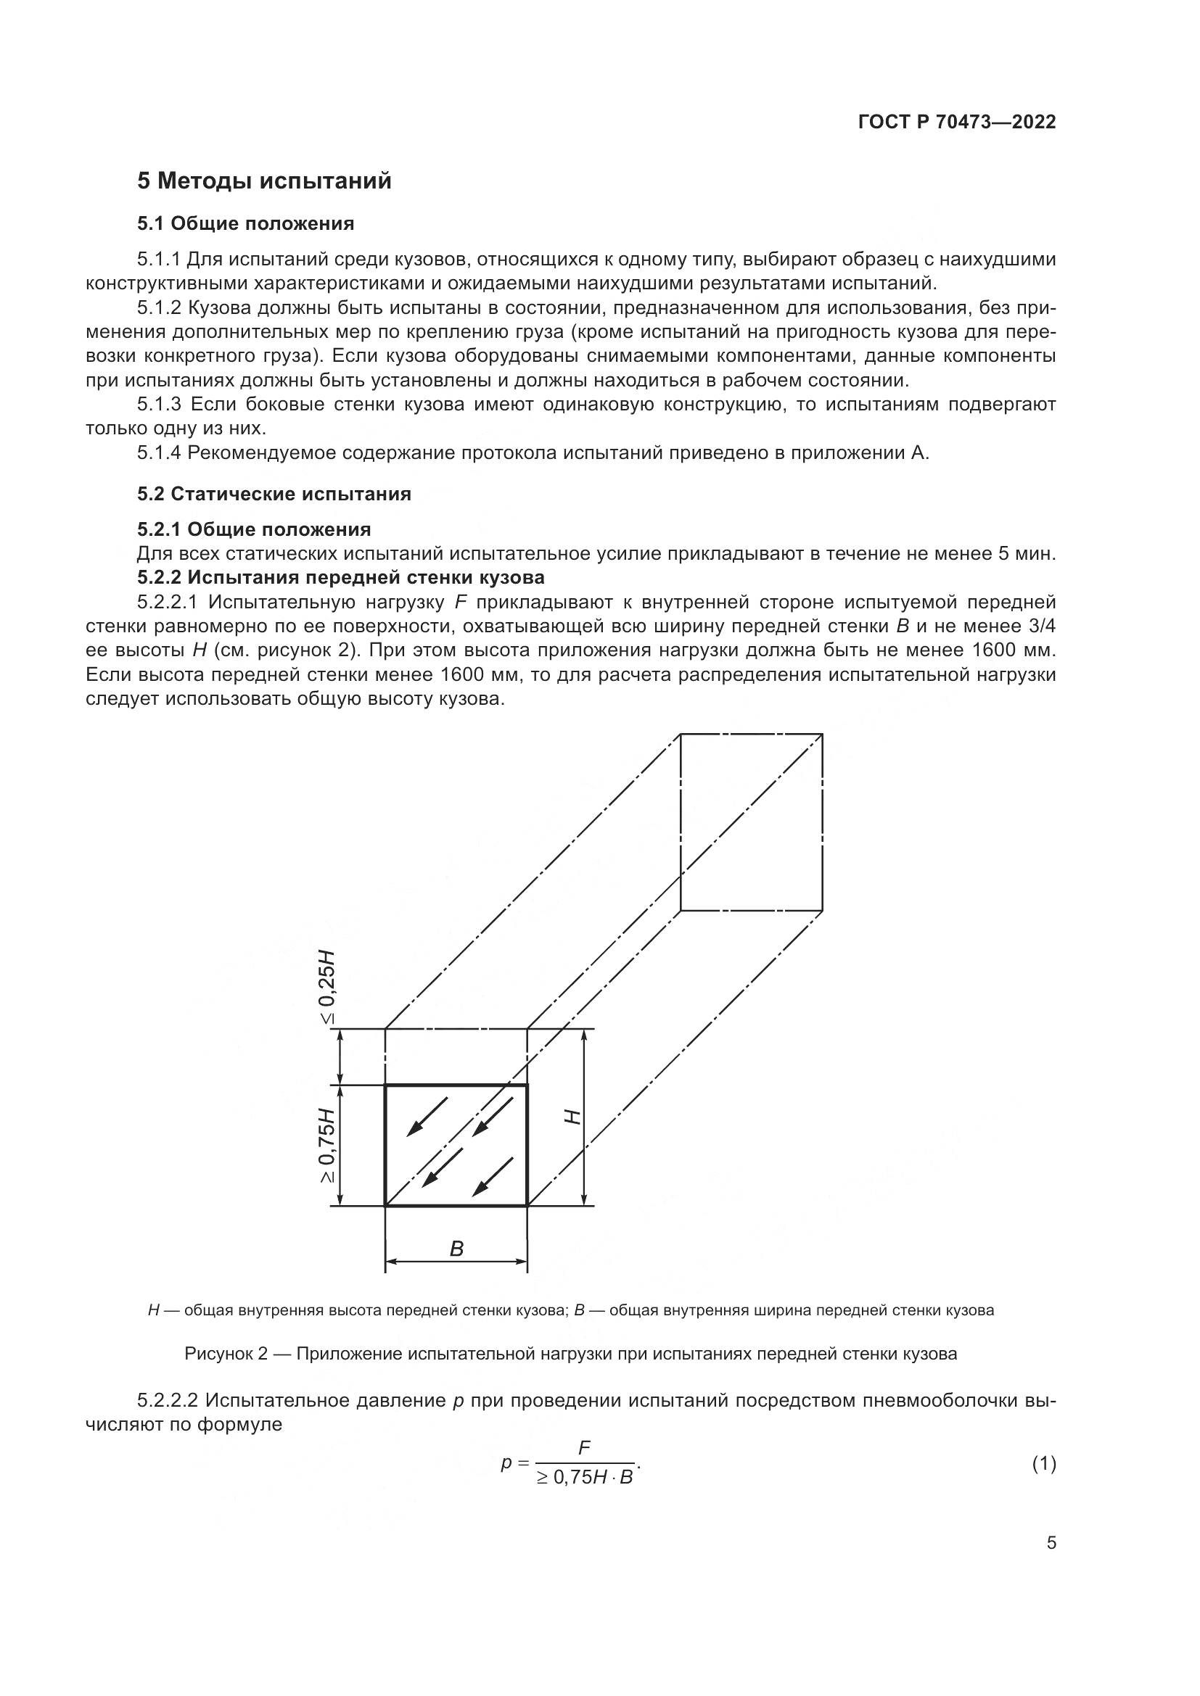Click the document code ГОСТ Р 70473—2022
(x=957, y=122)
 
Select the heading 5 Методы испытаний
(x=264, y=181)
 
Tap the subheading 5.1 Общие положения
(x=245, y=223)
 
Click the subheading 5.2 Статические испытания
(x=274, y=495)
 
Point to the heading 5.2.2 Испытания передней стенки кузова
(x=341, y=577)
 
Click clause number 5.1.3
(x=159, y=405)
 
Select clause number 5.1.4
(x=159, y=452)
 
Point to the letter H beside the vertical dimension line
(x=572, y=1117)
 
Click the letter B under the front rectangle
(x=456, y=1249)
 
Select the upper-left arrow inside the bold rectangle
(x=427, y=1116)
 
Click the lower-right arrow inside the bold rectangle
(x=492, y=1177)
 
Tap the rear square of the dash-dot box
(x=751, y=822)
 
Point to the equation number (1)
(x=1043, y=1463)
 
